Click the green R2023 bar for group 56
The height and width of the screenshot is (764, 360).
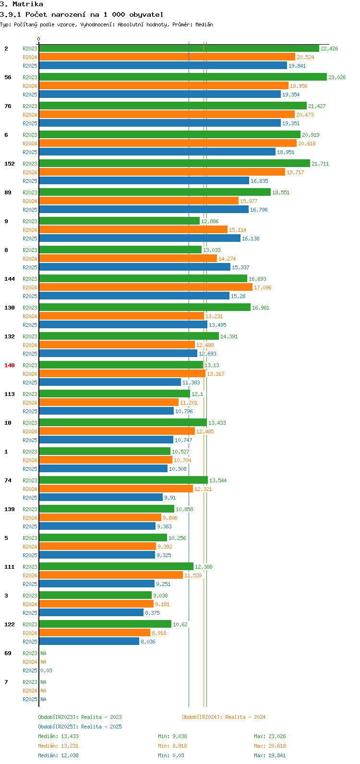click(182, 77)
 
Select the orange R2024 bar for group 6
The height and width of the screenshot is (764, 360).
click(168, 143)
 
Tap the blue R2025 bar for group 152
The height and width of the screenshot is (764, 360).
click(144, 181)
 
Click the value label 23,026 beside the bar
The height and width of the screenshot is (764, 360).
click(337, 77)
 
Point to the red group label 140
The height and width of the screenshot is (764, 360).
click(10, 365)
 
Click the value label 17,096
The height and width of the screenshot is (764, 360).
click(263, 287)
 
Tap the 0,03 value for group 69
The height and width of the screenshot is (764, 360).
click(47, 670)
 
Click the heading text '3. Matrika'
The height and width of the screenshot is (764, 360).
click(22, 4)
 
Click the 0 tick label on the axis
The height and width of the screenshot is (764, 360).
click(39, 39)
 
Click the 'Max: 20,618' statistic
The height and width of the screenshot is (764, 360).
click(270, 746)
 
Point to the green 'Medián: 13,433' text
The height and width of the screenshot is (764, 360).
click(58, 736)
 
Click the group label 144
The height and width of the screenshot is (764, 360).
click(10, 279)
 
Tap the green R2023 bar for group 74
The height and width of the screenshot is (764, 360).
click(123, 480)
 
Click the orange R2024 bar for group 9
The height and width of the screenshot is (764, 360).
click(133, 230)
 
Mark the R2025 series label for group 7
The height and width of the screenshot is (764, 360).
click(30, 699)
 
